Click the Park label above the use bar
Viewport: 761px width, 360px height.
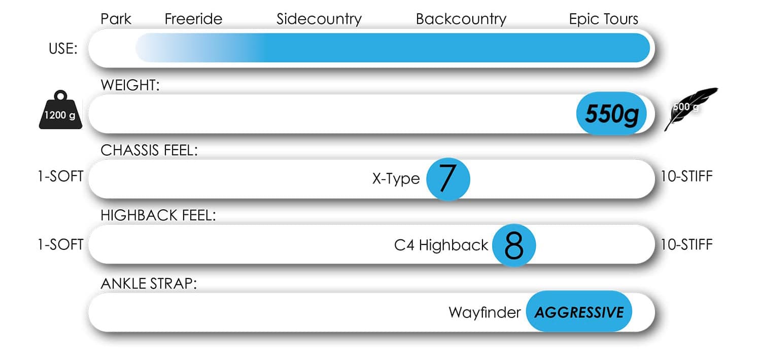coord(116,19)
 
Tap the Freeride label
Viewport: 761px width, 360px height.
coord(193,19)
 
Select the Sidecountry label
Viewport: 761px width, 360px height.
coord(319,20)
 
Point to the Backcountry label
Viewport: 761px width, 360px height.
coord(461,20)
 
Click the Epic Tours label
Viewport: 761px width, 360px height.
coord(604,20)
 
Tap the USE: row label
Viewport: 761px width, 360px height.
coord(63,49)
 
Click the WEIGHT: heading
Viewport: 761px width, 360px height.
coord(130,85)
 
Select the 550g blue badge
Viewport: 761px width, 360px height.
coord(611,114)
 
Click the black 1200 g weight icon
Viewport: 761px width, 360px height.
coord(60,110)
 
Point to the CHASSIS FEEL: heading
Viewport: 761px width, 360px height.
coord(149,150)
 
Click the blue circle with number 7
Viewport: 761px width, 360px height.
coord(448,179)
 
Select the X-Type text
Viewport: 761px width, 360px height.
coord(396,178)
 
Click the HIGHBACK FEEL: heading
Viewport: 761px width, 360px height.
coord(158,215)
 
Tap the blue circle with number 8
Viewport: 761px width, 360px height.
coord(514,245)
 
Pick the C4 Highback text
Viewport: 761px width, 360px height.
coord(441,245)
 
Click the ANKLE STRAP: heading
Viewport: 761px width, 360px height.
coord(149,283)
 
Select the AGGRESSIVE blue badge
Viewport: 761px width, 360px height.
coord(579,311)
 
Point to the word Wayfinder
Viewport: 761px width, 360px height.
coord(485,312)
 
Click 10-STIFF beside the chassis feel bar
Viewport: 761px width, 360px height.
coord(686,176)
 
